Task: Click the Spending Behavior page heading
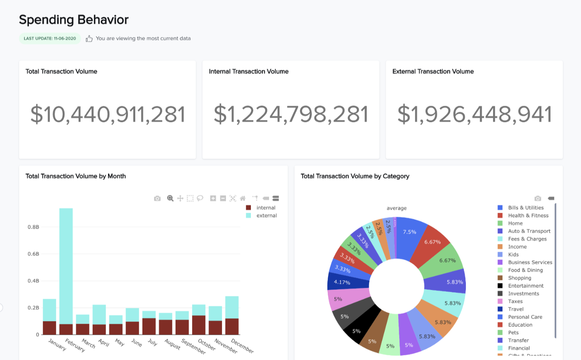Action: point(74,20)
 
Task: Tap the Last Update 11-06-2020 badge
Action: point(50,38)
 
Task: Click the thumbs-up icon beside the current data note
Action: point(89,38)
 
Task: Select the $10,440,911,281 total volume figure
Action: point(108,114)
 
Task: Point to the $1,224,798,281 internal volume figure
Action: point(291,114)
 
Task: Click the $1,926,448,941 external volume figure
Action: point(474,114)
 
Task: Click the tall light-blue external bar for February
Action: point(66,264)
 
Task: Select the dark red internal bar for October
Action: point(199,325)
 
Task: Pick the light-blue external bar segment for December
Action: point(232,307)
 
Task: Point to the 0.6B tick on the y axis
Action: point(33,254)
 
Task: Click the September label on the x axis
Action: point(194,346)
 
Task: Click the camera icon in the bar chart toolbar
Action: point(157,198)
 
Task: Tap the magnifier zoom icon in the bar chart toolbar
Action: point(170,198)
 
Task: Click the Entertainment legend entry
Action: point(525,286)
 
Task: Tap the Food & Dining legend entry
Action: point(525,270)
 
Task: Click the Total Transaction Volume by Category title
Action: point(355,176)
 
